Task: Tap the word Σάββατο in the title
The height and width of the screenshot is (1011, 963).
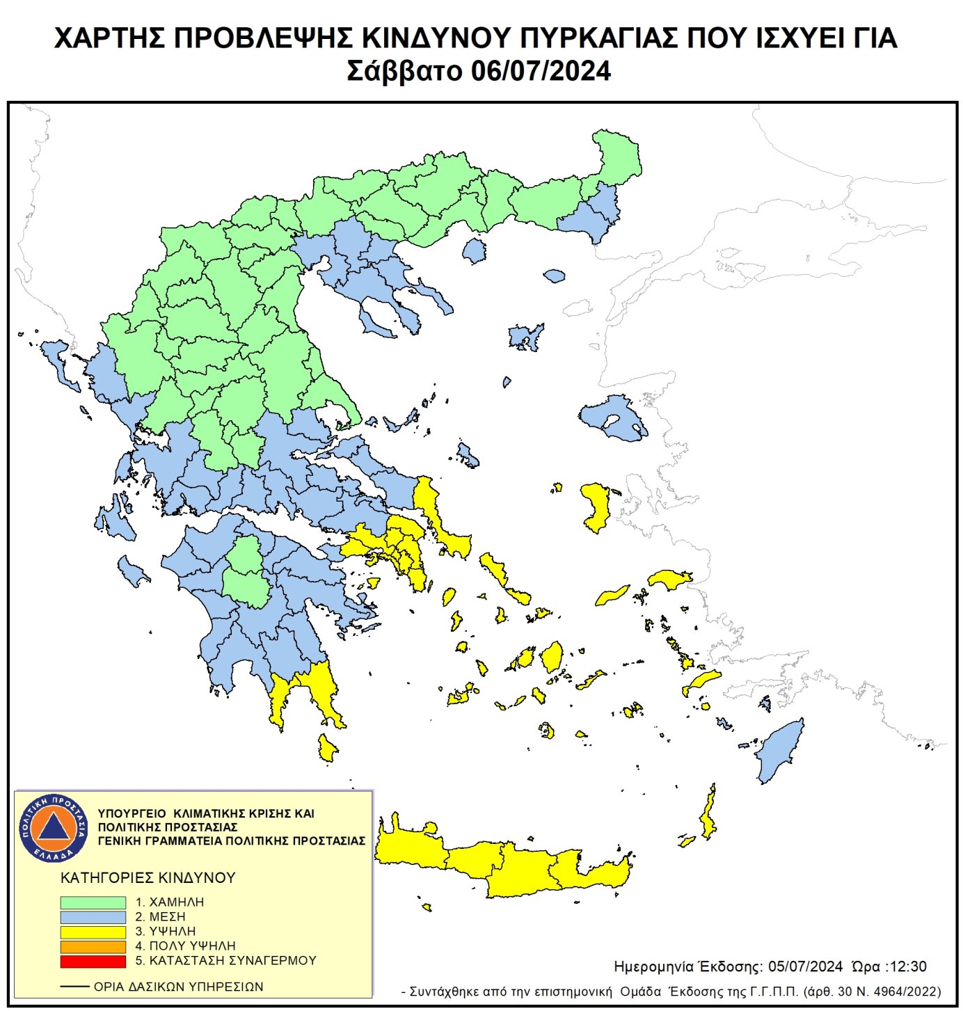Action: [x=404, y=71]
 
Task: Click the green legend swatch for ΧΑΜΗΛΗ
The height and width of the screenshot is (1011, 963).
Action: [x=93, y=902]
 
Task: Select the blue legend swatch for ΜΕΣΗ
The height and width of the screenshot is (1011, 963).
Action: [x=93, y=917]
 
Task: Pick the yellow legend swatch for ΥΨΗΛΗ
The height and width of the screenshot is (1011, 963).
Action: [x=93, y=932]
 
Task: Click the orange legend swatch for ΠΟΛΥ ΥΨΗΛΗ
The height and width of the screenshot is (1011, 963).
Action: [x=93, y=946]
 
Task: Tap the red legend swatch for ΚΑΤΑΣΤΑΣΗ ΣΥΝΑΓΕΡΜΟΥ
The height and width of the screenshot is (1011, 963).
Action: [x=93, y=961]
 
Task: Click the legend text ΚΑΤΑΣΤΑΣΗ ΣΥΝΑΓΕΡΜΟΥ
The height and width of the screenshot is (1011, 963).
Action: [x=232, y=960]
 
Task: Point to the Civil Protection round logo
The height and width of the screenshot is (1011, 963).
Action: [x=54, y=827]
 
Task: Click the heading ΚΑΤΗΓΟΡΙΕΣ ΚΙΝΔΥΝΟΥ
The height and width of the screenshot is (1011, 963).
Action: [x=148, y=877]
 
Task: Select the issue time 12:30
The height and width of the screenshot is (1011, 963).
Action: [x=907, y=966]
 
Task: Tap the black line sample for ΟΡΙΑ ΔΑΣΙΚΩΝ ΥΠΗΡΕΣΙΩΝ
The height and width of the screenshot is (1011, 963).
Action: [x=74, y=987]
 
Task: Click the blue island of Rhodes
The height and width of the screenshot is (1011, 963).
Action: [x=780, y=751]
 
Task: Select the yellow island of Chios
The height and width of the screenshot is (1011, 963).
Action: [x=596, y=506]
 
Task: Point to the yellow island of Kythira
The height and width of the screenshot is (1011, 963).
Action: [x=327, y=748]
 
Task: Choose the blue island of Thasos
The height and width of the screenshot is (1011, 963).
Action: [x=474, y=250]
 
